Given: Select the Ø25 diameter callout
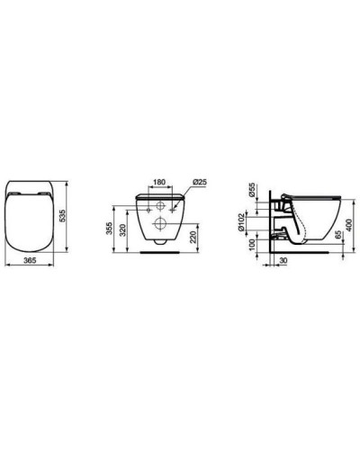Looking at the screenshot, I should [x=201, y=184].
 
